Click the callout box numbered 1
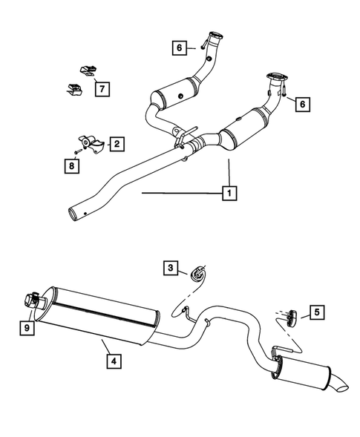click(x=229, y=194)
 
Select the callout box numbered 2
click(x=117, y=142)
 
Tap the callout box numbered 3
click(x=171, y=268)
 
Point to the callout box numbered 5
click(x=317, y=313)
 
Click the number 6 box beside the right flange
click(x=301, y=104)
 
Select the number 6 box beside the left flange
click(x=179, y=48)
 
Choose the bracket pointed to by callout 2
click(x=89, y=143)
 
